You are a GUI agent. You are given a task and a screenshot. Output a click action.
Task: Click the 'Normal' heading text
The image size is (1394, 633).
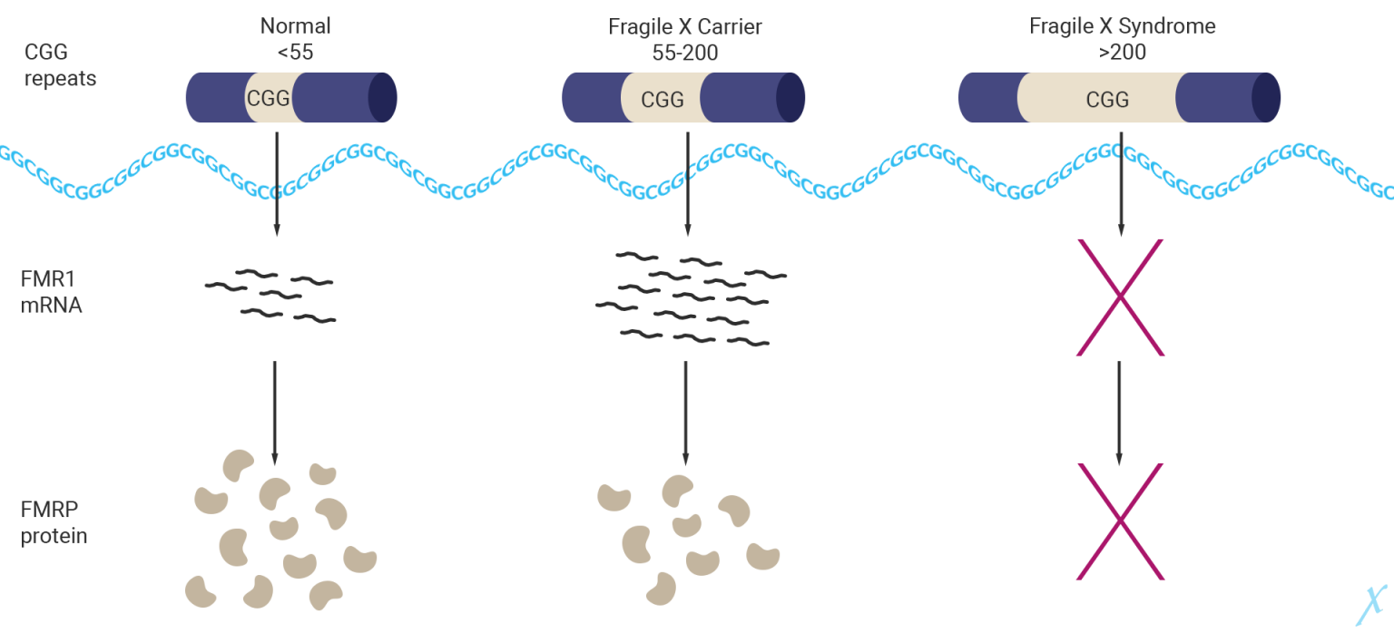(x=295, y=26)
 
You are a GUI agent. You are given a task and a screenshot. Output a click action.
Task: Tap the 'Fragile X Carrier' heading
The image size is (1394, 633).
(x=685, y=26)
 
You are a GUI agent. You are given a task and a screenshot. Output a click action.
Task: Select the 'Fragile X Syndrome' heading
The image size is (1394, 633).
(x=1122, y=26)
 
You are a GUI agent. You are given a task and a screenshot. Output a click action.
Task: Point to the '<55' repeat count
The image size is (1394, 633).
(x=295, y=53)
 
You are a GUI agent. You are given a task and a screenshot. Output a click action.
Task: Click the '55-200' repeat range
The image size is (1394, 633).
(x=685, y=53)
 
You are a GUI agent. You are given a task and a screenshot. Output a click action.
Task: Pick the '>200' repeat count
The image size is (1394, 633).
(x=1122, y=53)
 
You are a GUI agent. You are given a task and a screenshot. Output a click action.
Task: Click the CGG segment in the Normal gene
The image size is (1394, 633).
(x=269, y=98)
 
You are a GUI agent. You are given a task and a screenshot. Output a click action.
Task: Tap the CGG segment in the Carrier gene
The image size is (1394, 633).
(x=662, y=98)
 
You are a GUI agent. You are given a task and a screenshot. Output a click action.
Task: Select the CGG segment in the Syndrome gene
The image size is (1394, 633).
(x=1106, y=98)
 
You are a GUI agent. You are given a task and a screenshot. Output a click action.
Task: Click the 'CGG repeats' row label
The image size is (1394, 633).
(x=60, y=65)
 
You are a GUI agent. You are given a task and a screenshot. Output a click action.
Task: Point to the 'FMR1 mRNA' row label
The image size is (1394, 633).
(x=52, y=292)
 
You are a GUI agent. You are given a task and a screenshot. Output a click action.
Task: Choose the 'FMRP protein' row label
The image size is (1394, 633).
(x=54, y=522)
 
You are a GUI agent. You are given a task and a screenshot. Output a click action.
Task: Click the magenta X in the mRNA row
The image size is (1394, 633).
(x=1119, y=297)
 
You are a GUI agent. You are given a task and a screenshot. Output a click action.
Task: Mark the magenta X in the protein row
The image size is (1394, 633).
(x=1119, y=521)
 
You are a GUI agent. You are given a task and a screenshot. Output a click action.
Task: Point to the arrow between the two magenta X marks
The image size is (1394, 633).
(x=1119, y=411)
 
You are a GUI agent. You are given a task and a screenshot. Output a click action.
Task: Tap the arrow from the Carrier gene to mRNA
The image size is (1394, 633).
(x=688, y=181)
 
